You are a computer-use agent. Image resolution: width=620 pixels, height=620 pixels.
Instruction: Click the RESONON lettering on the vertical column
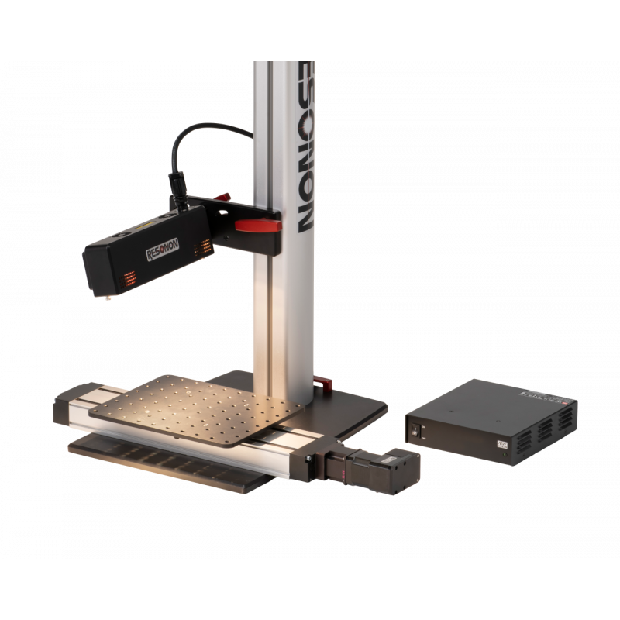tap(301, 147)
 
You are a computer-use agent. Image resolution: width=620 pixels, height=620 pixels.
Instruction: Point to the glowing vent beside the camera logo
tap(205, 246)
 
